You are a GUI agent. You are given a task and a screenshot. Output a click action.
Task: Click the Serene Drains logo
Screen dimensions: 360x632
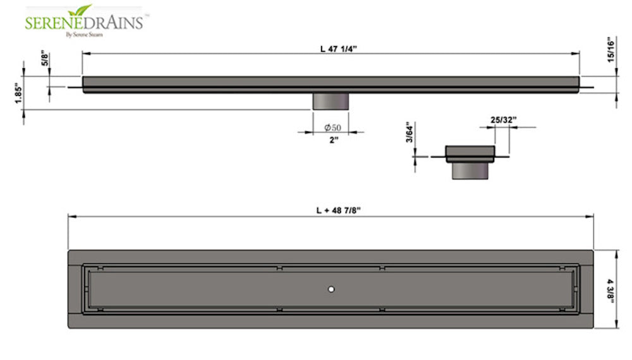pyautogui.click(x=85, y=21)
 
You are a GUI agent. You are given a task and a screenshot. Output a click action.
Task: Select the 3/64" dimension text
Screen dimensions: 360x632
pyautogui.click(x=410, y=133)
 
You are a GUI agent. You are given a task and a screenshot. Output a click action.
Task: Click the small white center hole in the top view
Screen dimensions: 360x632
pyautogui.click(x=331, y=289)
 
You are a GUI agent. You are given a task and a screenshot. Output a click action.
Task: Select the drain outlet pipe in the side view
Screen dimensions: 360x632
pyautogui.click(x=331, y=101)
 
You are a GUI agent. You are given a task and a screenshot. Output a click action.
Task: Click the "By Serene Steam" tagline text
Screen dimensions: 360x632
pyautogui.click(x=86, y=35)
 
